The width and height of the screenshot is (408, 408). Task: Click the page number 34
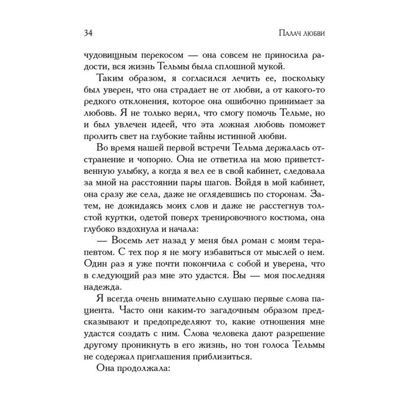[x=89, y=33]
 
